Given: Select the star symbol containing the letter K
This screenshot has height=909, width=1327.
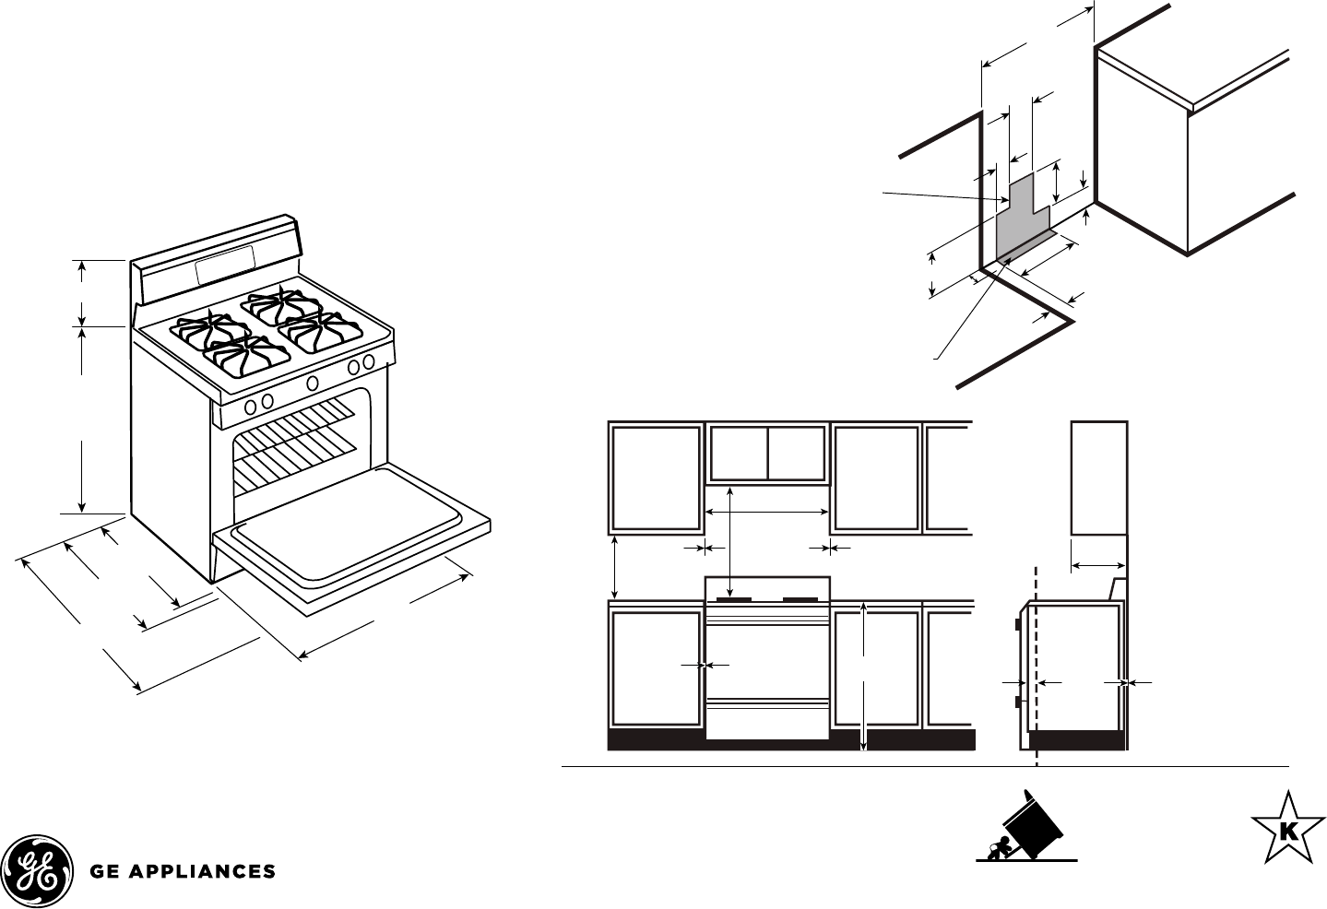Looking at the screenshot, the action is [x=1286, y=829].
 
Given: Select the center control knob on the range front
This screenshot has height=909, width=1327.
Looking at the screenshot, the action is [x=313, y=383].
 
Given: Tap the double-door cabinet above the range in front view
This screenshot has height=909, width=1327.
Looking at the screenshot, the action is [x=766, y=454].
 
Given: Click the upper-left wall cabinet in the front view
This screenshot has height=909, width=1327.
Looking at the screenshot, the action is [x=656, y=477].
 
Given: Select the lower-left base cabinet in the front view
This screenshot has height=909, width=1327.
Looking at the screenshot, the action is [x=656, y=669].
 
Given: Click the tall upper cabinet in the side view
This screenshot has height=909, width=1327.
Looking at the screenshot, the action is [x=1098, y=477].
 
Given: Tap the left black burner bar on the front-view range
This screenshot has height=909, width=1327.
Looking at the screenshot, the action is [x=733, y=600].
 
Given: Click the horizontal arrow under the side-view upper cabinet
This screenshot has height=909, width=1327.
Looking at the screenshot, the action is [x=1098, y=565].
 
